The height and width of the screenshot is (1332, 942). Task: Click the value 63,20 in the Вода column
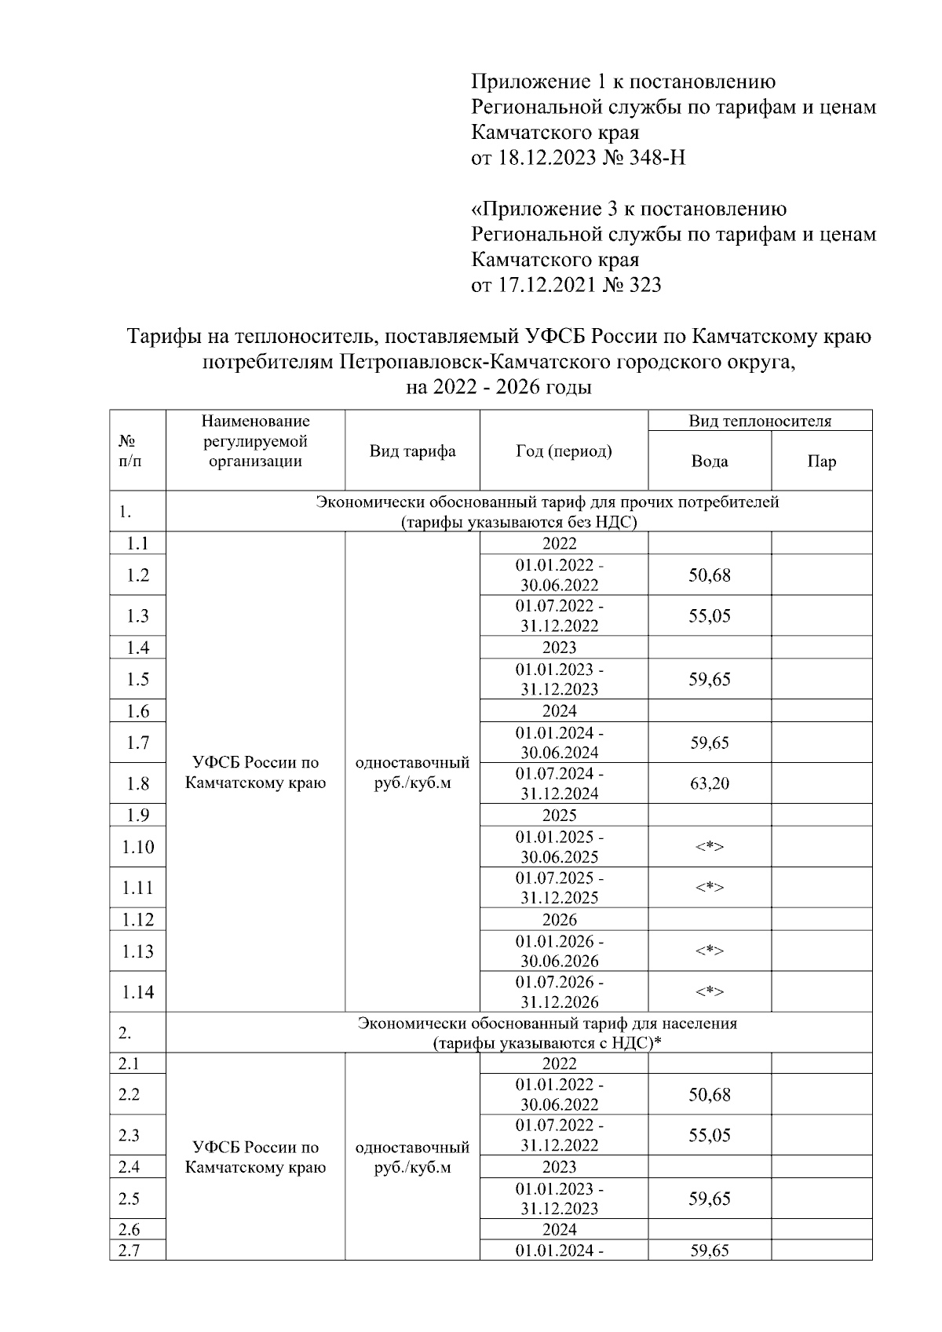(x=710, y=783)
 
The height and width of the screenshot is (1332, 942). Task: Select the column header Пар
(x=821, y=462)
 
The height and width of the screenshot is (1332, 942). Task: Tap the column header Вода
(x=710, y=462)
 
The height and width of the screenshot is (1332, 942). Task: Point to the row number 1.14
(x=137, y=992)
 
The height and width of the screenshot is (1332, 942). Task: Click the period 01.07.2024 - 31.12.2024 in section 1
(x=559, y=783)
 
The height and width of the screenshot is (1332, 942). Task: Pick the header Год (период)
(x=564, y=451)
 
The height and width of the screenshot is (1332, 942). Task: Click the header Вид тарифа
(x=412, y=451)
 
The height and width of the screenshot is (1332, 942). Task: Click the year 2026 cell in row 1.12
(x=559, y=920)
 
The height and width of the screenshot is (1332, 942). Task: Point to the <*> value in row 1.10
(x=710, y=847)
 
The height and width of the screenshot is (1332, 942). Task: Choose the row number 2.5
(x=129, y=1199)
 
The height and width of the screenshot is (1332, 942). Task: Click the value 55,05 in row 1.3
(x=710, y=616)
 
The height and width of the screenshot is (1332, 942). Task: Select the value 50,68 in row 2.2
(x=710, y=1095)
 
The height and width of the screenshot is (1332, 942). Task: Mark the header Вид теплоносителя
(x=759, y=421)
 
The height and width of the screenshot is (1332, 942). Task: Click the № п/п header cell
(x=130, y=451)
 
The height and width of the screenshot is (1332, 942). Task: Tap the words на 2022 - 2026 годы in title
(x=498, y=388)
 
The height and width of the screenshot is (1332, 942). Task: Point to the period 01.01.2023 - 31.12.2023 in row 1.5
(x=559, y=680)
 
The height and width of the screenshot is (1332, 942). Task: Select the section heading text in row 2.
(x=547, y=1033)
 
